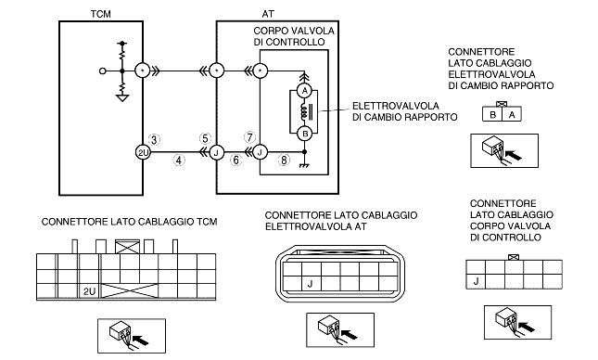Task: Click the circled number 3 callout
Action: [x=154, y=140]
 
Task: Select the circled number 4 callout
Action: [x=179, y=160]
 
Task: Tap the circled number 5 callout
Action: [x=205, y=138]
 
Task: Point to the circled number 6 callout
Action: [x=236, y=160]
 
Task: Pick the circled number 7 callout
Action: [x=249, y=137]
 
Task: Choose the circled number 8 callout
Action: [x=284, y=160]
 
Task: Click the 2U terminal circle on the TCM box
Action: [x=143, y=153]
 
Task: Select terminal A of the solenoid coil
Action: [x=304, y=91]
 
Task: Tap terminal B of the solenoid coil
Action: [x=304, y=134]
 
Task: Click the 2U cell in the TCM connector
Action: [x=90, y=291]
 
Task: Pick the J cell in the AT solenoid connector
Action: [x=311, y=284]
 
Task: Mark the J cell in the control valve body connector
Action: [x=476, y=282]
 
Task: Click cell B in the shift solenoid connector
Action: [x=492, y=114]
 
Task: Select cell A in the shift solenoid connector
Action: [x=512, y=114]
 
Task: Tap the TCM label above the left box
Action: [x=101, y=14]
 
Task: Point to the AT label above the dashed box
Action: [x=268, y=14]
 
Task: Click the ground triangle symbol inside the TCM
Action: [x=122, y=98]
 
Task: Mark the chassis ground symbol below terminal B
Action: [x=304, y=166]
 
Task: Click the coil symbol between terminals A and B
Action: [x=304, y=112]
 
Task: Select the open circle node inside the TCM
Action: [x=102, y=71]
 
